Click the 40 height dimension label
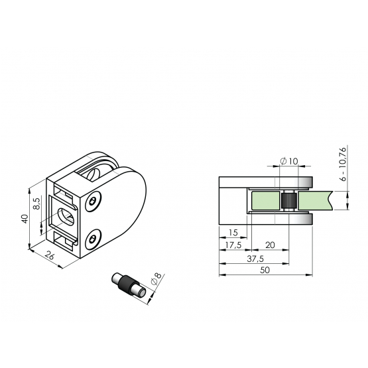coord(25,219)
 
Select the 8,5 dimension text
coord(37,204)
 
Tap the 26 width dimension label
coord(50,255)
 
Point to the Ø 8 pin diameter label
coord(156,278)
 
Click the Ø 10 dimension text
coord(289,161)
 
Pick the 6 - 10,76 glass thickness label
coord(343,164)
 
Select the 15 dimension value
coord(233,233)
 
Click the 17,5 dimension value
coord(233,245)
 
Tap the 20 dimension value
coord(270,245)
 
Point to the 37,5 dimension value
coord(255,259)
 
